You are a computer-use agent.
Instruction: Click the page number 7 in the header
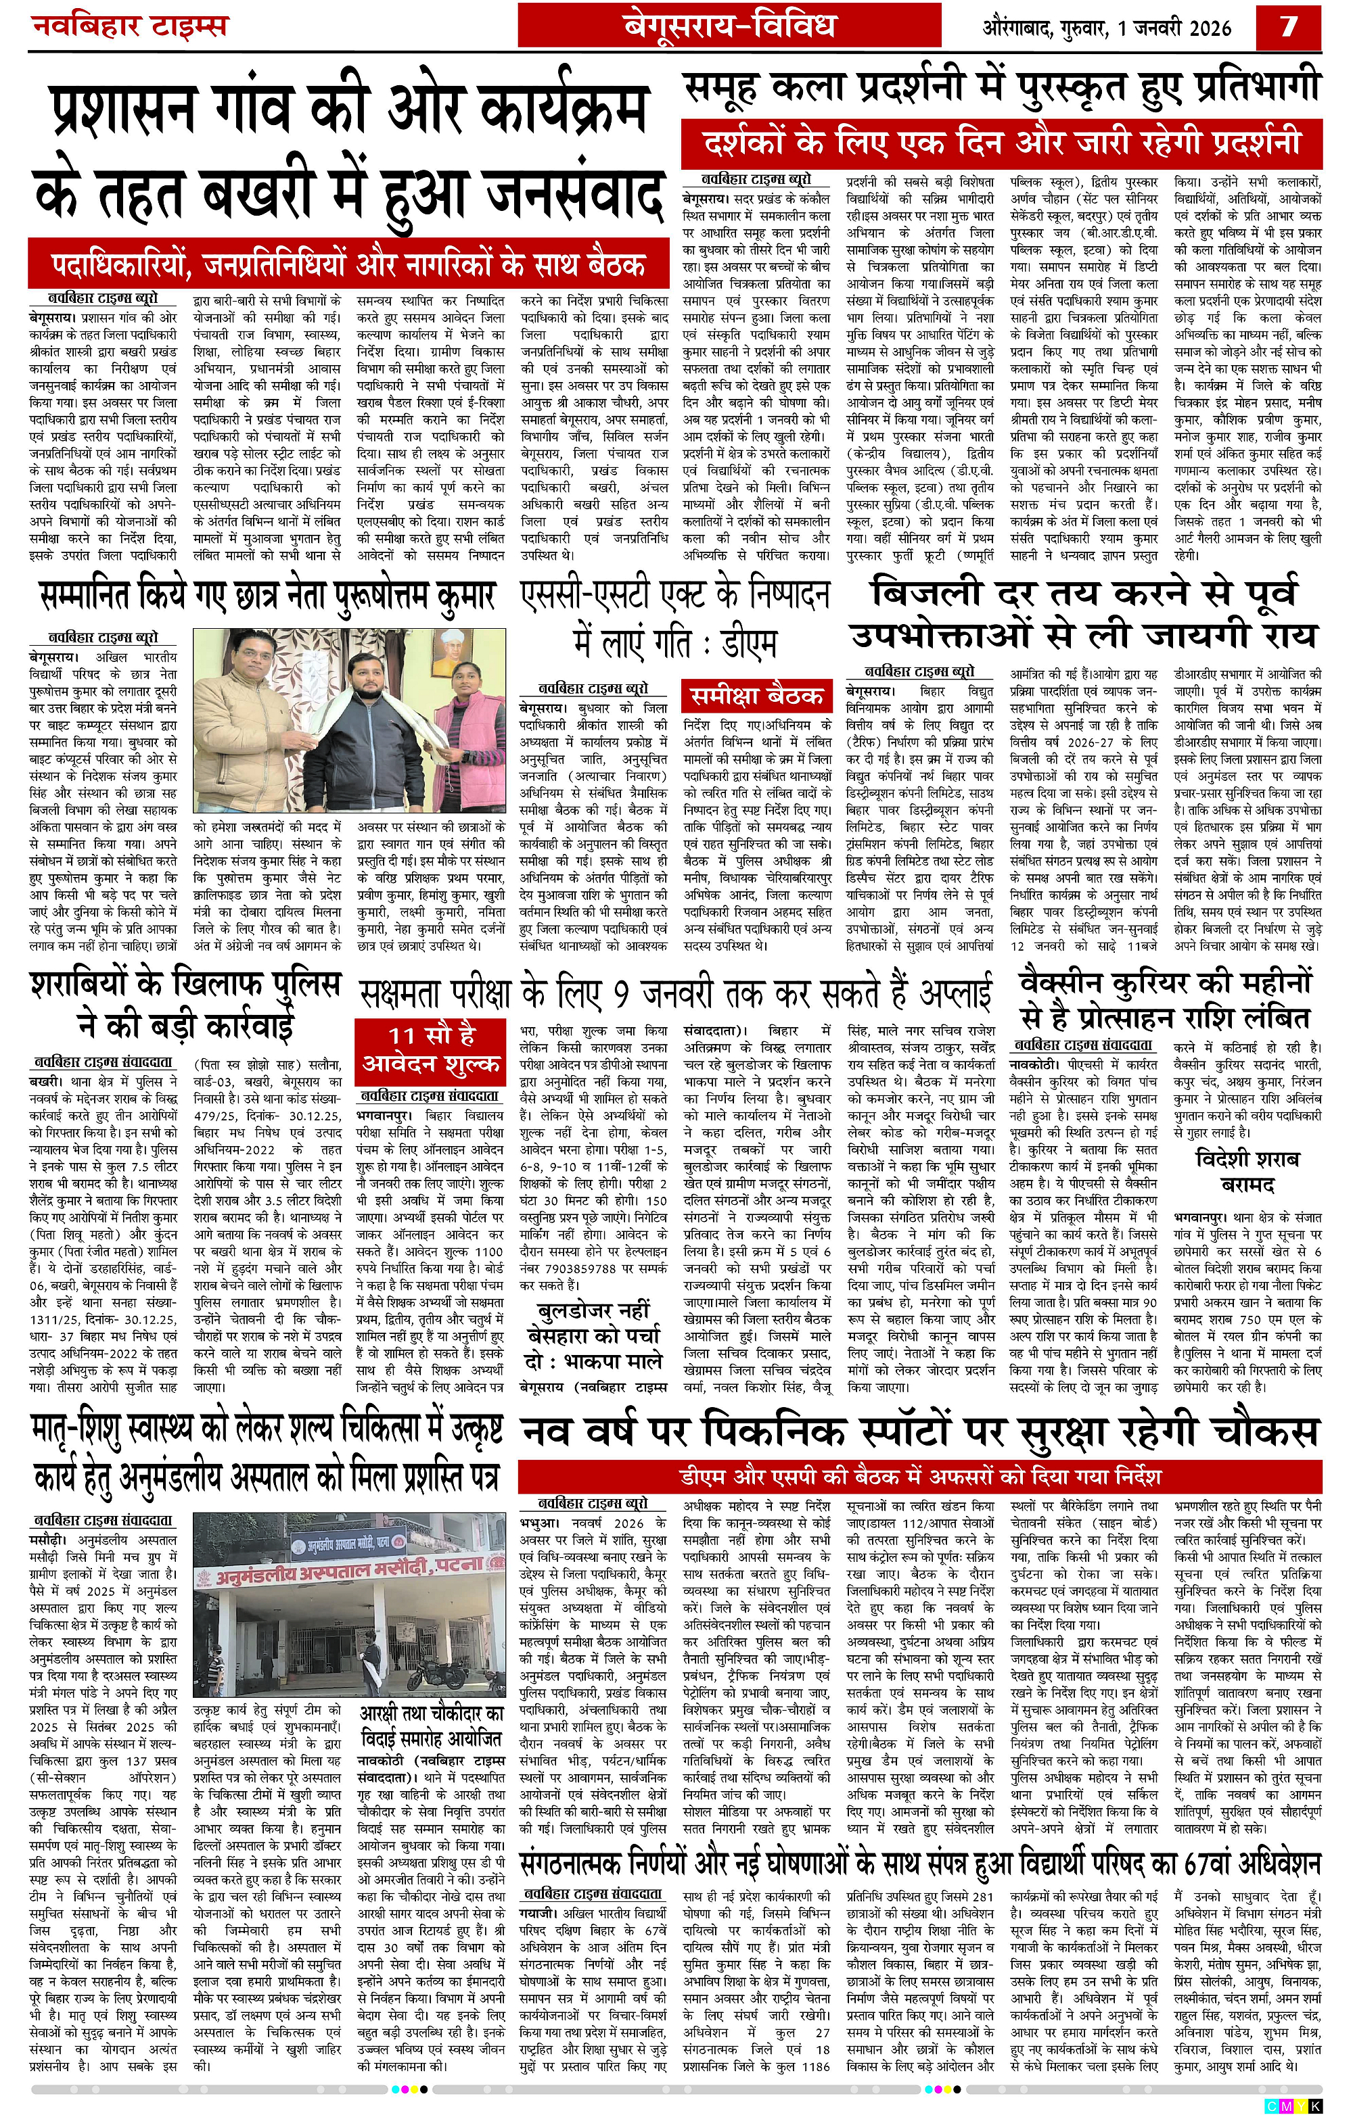point(1289,26)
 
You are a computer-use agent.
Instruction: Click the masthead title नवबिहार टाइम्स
point(129,26)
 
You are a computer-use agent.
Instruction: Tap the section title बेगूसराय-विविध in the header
point(729,26)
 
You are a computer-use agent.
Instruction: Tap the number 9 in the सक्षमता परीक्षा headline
point(621,993)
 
